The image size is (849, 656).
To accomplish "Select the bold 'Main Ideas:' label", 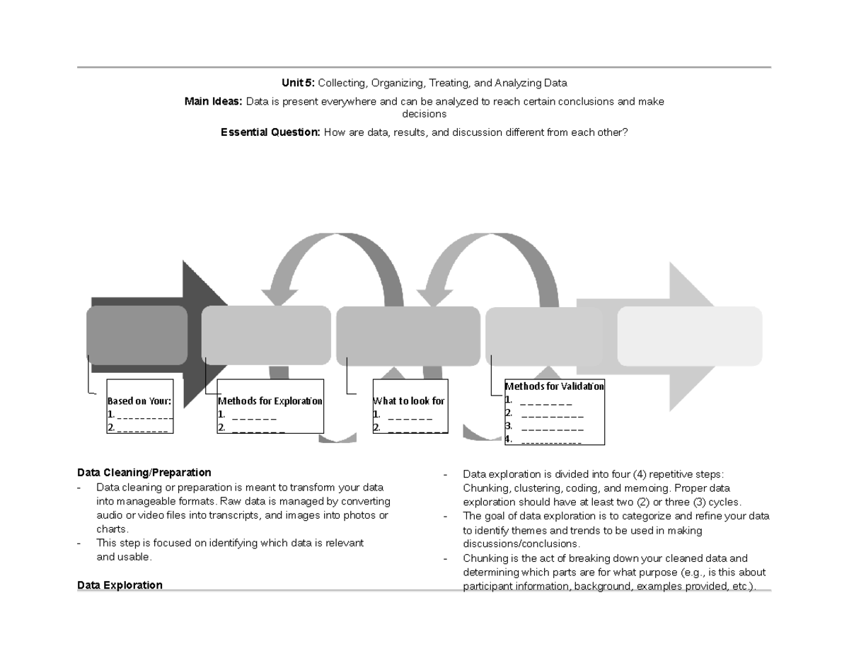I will [213, 101].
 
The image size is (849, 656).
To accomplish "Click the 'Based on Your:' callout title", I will [139, 401].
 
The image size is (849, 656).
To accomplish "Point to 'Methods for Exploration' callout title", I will [270, 401].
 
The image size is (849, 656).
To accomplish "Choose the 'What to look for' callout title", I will [409, 401].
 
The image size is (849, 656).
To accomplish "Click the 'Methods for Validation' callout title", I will [554, 386].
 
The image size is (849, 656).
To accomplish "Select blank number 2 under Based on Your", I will [142, 427].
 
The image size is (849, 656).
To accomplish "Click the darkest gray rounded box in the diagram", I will [137, 335].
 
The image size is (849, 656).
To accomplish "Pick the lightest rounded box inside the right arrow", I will [689, 335].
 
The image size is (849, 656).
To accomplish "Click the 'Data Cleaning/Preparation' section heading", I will [144, 472].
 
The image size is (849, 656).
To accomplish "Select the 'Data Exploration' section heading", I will [120, 585].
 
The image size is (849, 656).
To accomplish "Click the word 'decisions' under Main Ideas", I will [424, 113].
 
